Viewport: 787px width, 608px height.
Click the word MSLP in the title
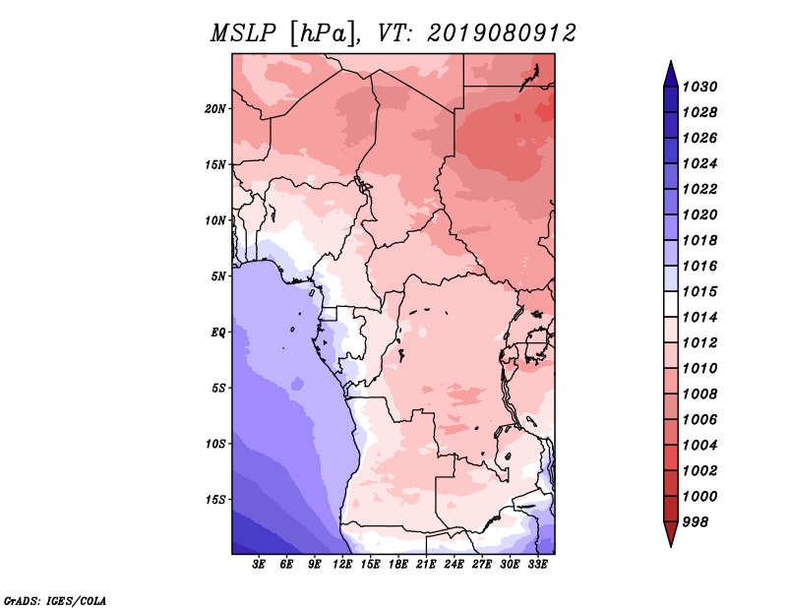(243, 33)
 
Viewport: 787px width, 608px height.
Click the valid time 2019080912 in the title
(502, 33)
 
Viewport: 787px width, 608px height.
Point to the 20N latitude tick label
(215, 109)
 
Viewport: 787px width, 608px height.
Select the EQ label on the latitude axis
(218, 333)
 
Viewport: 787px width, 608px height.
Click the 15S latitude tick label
(215, 500)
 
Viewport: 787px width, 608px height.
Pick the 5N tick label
(218, 276)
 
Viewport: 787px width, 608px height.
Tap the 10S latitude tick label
(215, 444)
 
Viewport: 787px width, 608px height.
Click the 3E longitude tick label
(259, 565)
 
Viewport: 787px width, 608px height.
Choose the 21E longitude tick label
(426, 565)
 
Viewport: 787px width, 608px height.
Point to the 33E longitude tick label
(537, 565)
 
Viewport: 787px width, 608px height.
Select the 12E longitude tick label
(342, 565)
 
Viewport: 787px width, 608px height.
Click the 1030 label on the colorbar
(700, 87)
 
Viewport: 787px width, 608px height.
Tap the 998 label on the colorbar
(696, 522)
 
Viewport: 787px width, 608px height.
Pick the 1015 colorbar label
(700, 291)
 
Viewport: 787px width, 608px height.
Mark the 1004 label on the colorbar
(700, 446)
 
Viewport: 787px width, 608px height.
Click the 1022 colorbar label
(700, 189)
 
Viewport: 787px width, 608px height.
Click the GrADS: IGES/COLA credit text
(55, 601)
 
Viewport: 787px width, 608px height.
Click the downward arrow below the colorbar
(671, 533)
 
